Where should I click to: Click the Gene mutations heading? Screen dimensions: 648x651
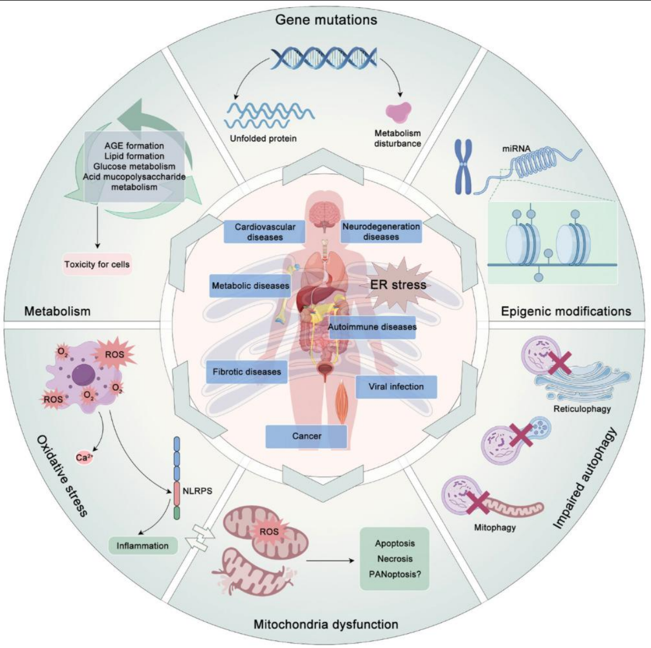coord(326,20)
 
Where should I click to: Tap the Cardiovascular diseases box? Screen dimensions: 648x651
coord(265,232)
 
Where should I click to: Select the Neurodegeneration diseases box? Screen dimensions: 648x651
coord(381,231)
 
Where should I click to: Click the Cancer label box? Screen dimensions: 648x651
coord(307,436)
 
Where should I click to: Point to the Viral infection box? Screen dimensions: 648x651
coord(396,387)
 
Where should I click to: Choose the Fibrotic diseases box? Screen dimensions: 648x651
coord(247,372)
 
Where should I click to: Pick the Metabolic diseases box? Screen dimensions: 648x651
coord(251,286)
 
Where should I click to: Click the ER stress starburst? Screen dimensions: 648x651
coord(397,284)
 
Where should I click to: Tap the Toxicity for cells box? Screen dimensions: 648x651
coord(97,264)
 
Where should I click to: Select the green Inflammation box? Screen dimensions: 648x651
coord(142,546)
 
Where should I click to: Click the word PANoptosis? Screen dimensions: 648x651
coord(394,574)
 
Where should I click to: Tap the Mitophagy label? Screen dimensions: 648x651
coord(494,528)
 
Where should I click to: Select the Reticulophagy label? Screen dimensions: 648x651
coord(582,409)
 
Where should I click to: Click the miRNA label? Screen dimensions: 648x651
coord(516,148)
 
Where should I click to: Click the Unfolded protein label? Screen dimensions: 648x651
coord(263,139)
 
